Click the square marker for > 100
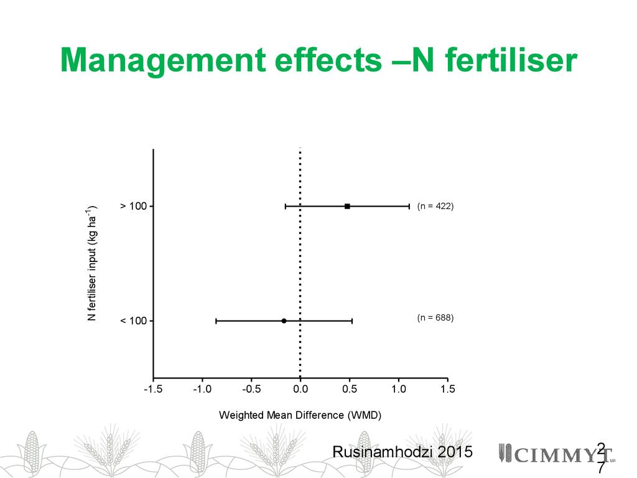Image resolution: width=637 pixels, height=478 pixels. pyautogui.click(x=347, y=206)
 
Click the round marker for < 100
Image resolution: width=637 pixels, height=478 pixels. pyautogui.click(x=284, y=321)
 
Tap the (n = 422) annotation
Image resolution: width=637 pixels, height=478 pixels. pyautogui.click(x=435, y=206)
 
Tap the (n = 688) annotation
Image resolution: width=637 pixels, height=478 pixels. pyautogui.click(x=435, y=318)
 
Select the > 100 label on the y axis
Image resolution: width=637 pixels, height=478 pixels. pyautogui.click(x=133, y=206)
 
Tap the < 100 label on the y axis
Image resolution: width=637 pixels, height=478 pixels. pyautogui.click(x=133, y=321)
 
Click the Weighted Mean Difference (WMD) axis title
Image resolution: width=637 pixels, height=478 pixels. pyautogui.click(x=300, y=415)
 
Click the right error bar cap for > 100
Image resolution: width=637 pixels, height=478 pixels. pyautogui.click(x=409, y=206)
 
